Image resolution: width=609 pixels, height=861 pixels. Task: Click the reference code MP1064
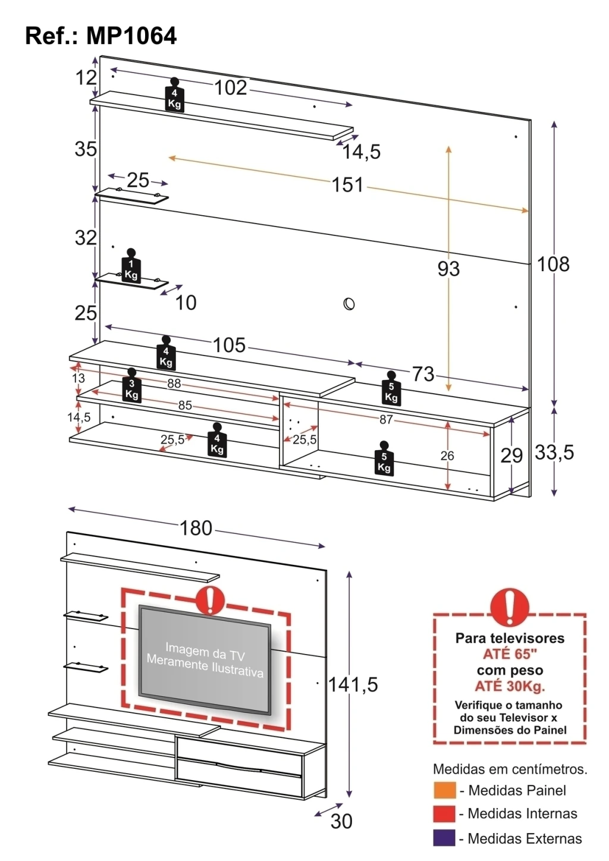(131, 36)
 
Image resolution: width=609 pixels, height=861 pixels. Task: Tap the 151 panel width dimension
(347, 184)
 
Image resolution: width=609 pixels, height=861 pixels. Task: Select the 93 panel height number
(448, 269)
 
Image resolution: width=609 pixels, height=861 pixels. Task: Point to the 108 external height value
(553, 265)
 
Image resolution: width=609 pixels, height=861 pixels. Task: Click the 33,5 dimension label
(554, 453)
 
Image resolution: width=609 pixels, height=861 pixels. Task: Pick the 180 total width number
(196, 528)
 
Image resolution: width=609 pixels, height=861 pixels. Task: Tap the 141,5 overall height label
(353, 684)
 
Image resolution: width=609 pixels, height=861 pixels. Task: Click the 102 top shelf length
(231, 87)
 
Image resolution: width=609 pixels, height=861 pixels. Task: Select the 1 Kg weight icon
(131, 266)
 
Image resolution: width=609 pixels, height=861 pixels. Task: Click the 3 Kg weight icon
(132, 385)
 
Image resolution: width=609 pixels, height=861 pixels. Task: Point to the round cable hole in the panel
(349, 304)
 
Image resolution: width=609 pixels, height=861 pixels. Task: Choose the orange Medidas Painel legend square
(444, 790)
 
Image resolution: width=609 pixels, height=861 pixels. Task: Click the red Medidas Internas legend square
(444, 813)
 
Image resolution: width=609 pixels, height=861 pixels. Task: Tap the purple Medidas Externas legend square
(444, 838)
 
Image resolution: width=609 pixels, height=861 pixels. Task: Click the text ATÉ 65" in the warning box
(510, 654)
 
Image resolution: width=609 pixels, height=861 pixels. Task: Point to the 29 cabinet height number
(511, 456)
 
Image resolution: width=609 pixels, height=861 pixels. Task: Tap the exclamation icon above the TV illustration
(210, 601)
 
